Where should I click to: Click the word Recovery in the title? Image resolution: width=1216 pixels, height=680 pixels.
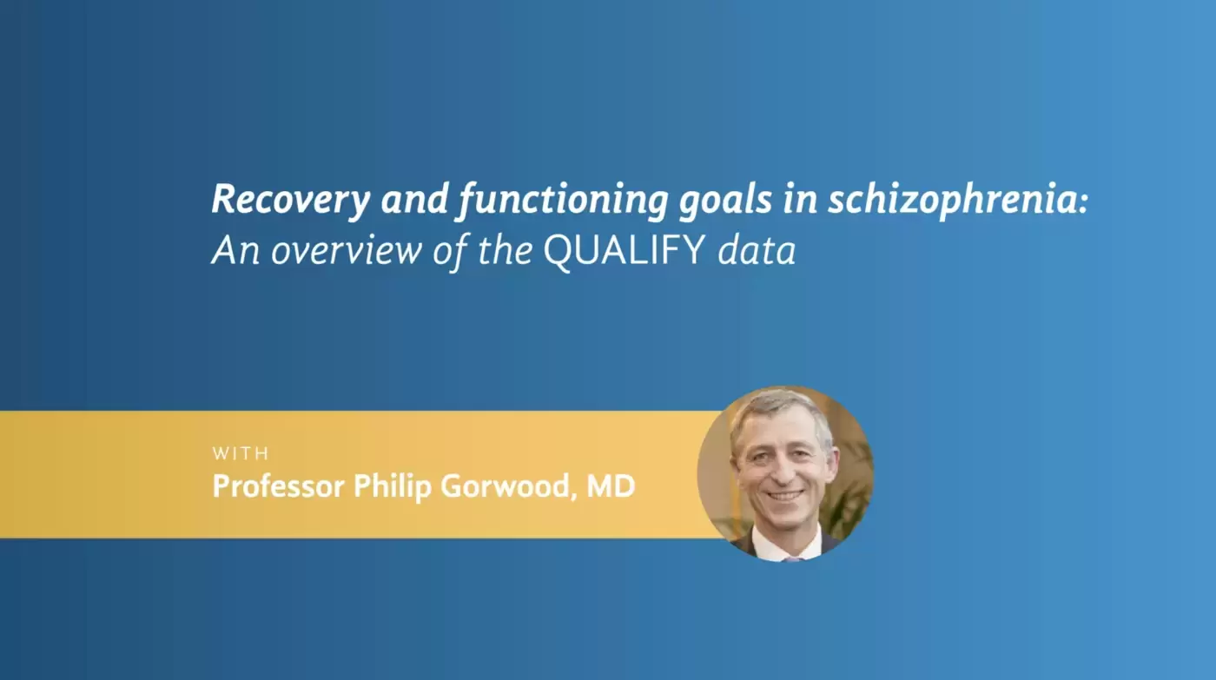tap(291, 201)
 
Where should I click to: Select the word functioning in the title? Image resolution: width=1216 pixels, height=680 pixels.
tap(563, 201)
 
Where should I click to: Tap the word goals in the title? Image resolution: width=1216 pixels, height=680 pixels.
tap(725, 201)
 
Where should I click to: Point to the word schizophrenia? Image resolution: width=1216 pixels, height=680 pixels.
tap(958, 201)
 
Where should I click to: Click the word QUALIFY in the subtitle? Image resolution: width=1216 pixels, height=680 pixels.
tap(625, 250)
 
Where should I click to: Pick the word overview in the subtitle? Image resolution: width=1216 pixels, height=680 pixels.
tap(347, 250)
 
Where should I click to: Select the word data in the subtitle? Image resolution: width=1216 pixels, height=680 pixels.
tap(757, 250)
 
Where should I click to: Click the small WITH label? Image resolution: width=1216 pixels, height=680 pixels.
tap(241, 453)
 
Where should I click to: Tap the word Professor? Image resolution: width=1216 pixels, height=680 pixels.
tap(279, 485)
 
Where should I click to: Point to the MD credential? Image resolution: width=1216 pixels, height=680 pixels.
tap(611, 485)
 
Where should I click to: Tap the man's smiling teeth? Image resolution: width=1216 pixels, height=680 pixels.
tap(785, 496)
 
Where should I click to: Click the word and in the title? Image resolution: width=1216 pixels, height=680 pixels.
tap(414, 201)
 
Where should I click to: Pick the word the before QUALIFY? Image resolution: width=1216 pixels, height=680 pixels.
tap(505, 250)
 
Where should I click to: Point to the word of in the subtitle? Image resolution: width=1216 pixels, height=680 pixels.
tap(450, 250)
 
